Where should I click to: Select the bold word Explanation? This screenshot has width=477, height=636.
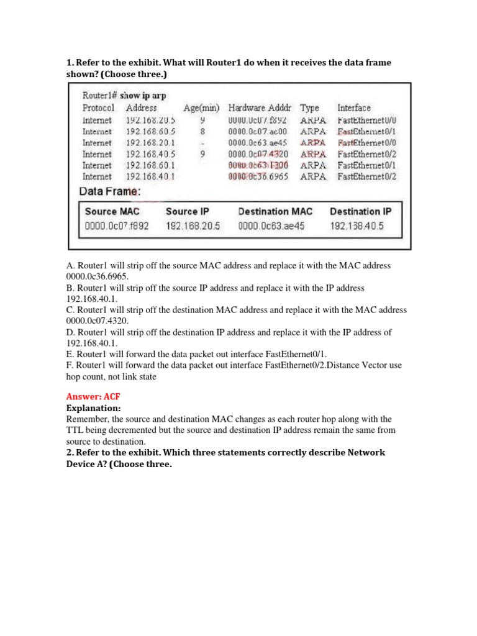coord(93,408)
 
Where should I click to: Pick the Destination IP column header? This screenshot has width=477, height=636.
coord(361,211)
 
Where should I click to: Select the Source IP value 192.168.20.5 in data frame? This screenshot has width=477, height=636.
coord(193,226)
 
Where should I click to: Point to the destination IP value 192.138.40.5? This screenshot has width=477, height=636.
coord(357,226)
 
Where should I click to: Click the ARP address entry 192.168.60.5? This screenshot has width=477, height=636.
coord(151,132)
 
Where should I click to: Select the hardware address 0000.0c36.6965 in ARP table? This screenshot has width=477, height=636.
coord(258,176)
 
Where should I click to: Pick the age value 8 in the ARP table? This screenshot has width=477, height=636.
coord(202,132)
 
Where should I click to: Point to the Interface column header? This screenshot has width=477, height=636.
coord(354,108)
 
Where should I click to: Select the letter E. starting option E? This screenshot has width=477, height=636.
coord(70,354)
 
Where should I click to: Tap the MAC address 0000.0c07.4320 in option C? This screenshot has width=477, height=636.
coord(94,320)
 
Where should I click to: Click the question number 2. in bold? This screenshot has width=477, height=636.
coord(70,452)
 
